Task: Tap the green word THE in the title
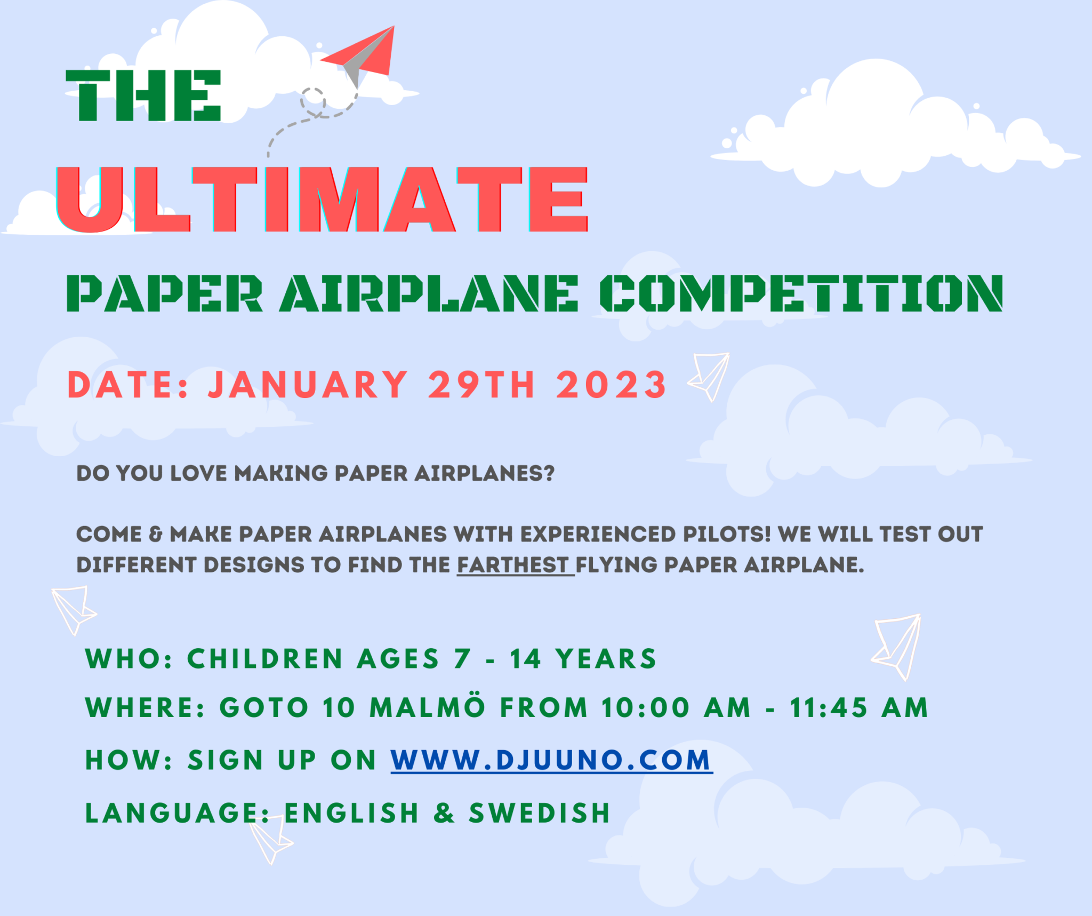click(143, 96)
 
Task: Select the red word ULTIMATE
click(322, 200)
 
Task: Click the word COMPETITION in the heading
click(801, 293)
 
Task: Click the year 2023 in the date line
click(611, 385)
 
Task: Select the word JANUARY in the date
click(308, 385)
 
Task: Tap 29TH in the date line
click(481, 385)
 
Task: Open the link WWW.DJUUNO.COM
click(551, 760)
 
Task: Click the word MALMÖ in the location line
click(427, 708)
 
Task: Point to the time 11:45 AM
click(858, 708)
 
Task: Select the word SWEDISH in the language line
click(540, 813)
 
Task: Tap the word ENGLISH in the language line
click(351, 813)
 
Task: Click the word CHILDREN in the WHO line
click(264, 659)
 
